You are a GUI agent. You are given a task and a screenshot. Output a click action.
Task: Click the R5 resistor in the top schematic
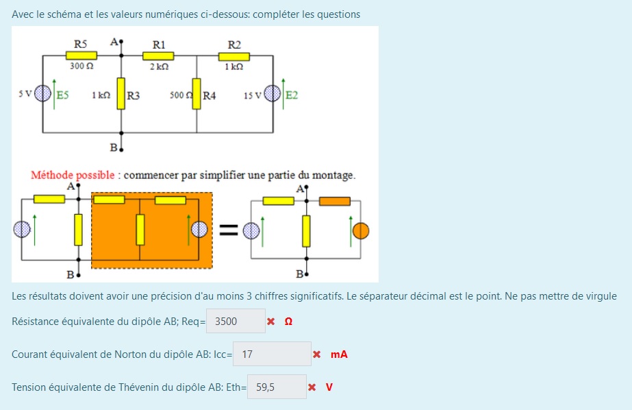(x=81, y=56)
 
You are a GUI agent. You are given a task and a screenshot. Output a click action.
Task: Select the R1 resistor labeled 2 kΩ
(x=158, y=56)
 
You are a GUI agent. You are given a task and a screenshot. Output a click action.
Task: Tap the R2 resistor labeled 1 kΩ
(x=234, y=56)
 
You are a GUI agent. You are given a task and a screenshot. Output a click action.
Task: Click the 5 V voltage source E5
(x=43, y=93)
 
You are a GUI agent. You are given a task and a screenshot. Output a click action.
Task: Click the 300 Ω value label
(x=81, y=67)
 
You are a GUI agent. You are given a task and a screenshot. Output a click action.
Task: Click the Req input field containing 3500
(x=236, y=321)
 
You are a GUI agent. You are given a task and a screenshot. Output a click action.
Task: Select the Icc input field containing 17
(x=272, y=354)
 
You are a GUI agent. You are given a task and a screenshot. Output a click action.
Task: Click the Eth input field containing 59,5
(x=277, y=387)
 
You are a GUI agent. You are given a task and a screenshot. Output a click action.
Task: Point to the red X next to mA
(x=316, y=354)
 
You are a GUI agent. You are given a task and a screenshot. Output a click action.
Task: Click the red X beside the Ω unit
(x=271, y=321)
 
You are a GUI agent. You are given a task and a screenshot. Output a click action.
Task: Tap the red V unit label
(x=329, y=387)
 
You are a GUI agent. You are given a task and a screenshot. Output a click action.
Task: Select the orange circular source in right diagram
(x=361, y=230)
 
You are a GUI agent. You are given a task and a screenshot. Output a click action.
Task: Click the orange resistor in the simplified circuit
(x=335, y=202)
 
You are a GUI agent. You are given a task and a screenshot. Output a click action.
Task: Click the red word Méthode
(x=52, y=175)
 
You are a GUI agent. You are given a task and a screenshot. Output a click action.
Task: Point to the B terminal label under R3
(x=113, y=147)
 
